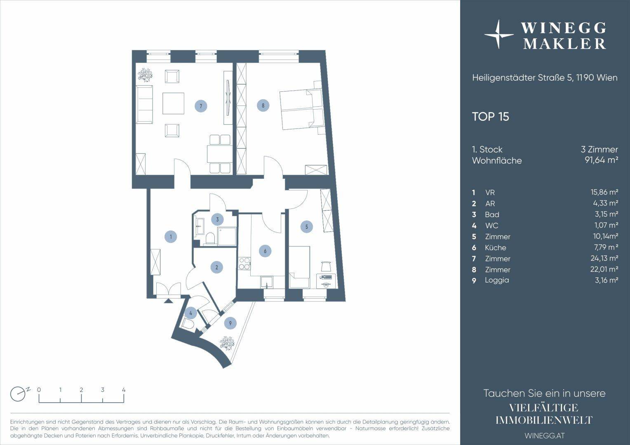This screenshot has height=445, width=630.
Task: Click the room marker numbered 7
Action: (x=201, y=106)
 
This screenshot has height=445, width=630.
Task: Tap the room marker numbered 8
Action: (x=263, y=106)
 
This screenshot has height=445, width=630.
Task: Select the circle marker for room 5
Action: (x=307, y=227)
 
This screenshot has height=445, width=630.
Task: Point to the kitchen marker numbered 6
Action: (x=265, y=251)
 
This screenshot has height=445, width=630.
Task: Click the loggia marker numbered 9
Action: (x=230, y=323)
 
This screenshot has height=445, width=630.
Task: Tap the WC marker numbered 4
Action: (x=191, y=313)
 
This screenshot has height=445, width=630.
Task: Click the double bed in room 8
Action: (x=301, y=109)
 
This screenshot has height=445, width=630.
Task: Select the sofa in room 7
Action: (x=144, y=105)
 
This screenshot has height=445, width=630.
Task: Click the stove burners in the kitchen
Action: (x=244, y=264)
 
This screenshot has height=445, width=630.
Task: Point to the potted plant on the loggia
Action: (x=227, y=343)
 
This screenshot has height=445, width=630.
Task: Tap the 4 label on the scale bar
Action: (x=124, y=390)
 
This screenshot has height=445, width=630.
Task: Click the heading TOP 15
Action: (x=491, y=117)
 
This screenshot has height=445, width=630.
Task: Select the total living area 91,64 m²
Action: (x=601, y=161)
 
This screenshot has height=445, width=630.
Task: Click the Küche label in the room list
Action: (x=495, y=248)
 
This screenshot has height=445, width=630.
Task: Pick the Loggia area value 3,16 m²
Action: (x=606, y=280)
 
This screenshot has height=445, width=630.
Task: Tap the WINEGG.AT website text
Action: (x=545, y=436)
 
